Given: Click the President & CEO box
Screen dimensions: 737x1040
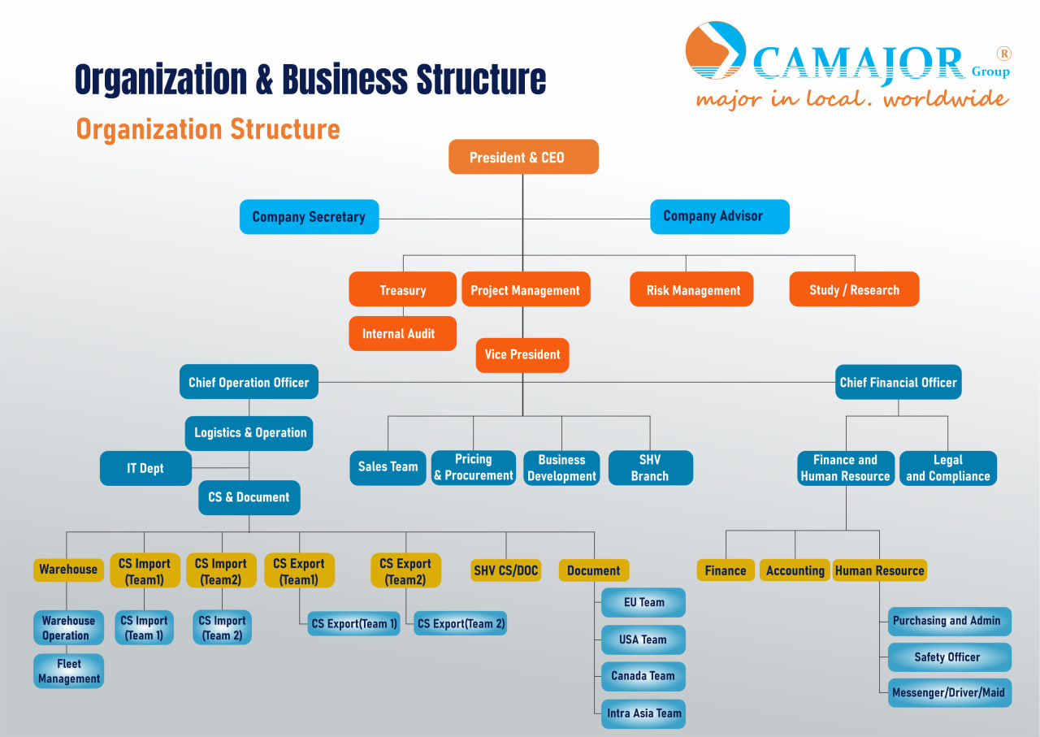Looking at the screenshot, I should click(523, 157).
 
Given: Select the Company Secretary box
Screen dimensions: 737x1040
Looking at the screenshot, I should click(309, 217).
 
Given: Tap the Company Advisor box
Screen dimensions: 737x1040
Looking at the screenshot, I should click(719, 216).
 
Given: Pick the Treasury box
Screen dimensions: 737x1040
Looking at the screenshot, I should click(402, 289).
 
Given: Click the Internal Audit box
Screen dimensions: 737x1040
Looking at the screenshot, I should click(402, 333).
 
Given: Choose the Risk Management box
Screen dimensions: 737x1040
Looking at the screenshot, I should click(691, 289).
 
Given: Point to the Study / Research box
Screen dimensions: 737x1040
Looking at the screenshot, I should click(854, 289).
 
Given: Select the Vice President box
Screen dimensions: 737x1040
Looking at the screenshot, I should click(522, 355).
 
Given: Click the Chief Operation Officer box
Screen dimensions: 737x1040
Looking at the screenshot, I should click(249, 382).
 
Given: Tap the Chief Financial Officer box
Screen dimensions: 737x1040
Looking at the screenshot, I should click(898, 382).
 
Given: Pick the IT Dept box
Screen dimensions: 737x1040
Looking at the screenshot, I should click(145, 469).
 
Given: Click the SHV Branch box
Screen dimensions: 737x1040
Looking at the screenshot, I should click(650, 468).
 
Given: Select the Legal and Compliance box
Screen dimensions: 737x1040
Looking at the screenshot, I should click(947, 468).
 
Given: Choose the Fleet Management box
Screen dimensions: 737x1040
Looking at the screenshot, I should click(69, 671).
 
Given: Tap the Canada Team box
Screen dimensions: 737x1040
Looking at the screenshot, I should click(643, 676).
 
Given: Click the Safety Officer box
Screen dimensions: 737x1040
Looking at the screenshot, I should click(949, 657).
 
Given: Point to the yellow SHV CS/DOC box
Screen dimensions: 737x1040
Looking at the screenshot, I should click(505, 570).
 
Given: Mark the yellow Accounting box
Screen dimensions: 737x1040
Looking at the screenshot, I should click(795, 570).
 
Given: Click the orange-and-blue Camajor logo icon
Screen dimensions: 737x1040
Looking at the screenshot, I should click(715, 50).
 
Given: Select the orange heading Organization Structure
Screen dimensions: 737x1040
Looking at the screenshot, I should click(208, 129).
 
